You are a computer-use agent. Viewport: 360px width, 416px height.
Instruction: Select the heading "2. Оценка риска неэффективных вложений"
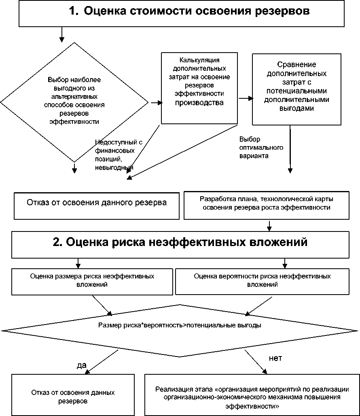pos(180,242)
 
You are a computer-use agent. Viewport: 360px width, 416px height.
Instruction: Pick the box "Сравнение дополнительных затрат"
pos(302,89)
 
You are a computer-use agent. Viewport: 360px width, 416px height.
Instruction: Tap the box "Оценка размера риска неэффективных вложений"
pos(92,280)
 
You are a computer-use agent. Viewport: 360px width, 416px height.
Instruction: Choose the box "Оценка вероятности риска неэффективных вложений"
pos(262,280)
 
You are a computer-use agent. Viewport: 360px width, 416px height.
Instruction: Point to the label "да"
pos(82,365)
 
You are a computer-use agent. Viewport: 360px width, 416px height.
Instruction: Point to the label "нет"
pos(275,358)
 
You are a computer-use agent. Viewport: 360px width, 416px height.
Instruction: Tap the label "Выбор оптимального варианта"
pos(255,146)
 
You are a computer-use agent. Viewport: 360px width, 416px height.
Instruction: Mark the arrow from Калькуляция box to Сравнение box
pos(246,98)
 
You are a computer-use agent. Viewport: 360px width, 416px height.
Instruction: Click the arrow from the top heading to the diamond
pos(61,34)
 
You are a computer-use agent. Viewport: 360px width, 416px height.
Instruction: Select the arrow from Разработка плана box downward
pos(269,225)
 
